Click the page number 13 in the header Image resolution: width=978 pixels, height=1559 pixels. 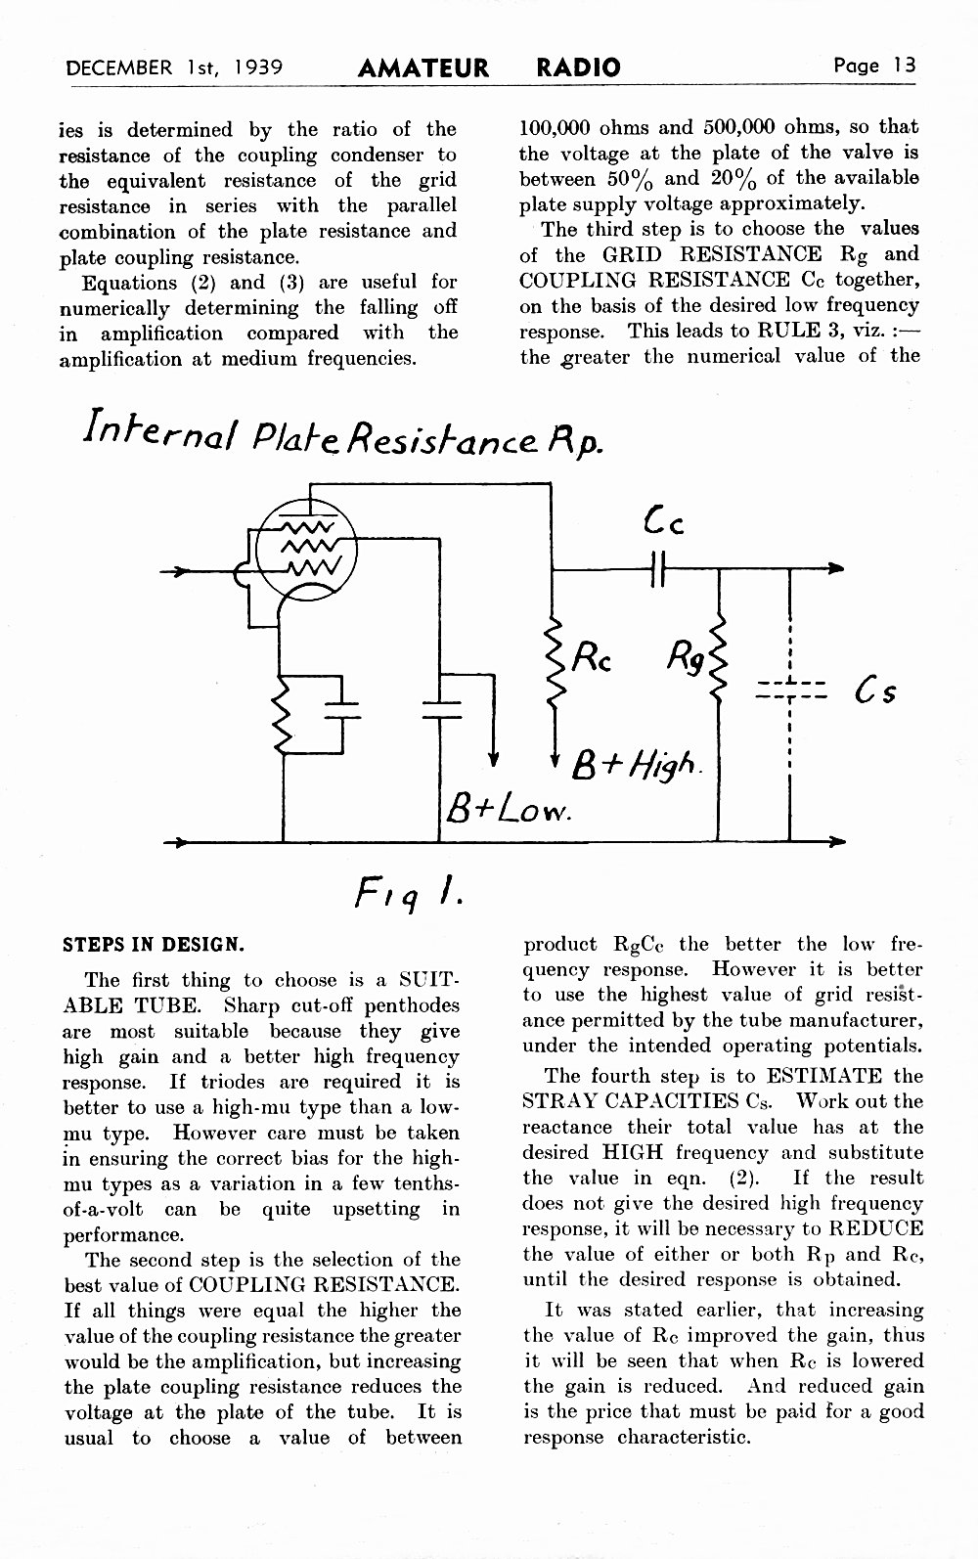click(905, 66)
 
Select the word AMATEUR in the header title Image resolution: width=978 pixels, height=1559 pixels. click(423, 67)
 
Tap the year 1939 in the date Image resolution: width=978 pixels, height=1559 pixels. click(257, 67)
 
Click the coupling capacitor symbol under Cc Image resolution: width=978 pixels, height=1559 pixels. click(658, 568)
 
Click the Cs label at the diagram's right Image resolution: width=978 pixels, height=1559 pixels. click(875, 691)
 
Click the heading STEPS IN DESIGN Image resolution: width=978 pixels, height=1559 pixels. click(154, 945)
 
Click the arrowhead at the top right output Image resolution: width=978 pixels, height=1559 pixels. click(837, 568)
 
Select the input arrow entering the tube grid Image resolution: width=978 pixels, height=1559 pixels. click(199, 571)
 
